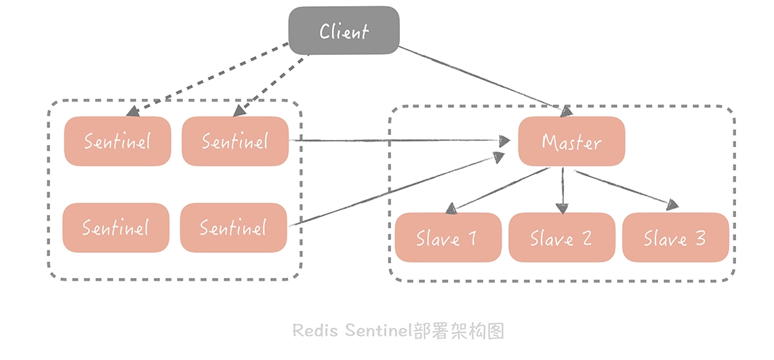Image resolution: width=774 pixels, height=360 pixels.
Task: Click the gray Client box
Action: [x=344, y=31]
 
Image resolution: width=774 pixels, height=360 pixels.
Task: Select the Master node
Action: [x=571, y=141]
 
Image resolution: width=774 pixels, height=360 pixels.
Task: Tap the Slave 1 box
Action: [x=447, y=238]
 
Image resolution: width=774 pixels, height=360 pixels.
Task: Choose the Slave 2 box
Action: [x=561, y=238]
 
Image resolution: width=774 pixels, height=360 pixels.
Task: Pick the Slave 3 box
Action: [x=675, y=238]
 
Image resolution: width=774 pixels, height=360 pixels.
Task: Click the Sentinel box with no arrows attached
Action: [x=116, y=228]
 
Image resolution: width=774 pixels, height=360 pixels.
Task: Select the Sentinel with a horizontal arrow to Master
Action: [x=235, y=141]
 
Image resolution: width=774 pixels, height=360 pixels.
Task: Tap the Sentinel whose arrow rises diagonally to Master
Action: [x=233, y=228]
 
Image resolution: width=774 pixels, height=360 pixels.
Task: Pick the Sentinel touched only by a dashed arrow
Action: [x=117, y=141]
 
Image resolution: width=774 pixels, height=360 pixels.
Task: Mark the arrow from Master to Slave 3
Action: [x=624, y=188]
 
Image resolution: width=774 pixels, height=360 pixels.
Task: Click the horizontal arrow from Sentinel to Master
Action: [x=400, y=140]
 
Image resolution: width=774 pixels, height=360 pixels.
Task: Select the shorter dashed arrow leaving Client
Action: [x=271, y=81]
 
